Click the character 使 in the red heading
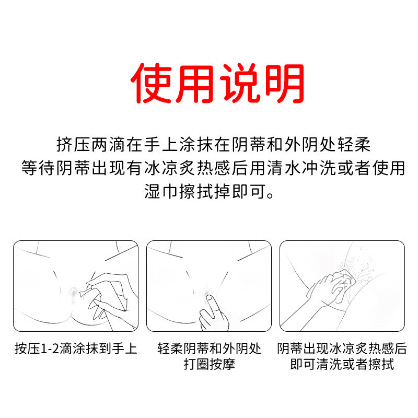pos(150,83)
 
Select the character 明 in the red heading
pos(283,83)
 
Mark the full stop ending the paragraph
pos(270,195)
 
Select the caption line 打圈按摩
pos(209,364)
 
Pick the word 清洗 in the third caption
pos(329,364)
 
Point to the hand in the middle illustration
pos(213,313)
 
